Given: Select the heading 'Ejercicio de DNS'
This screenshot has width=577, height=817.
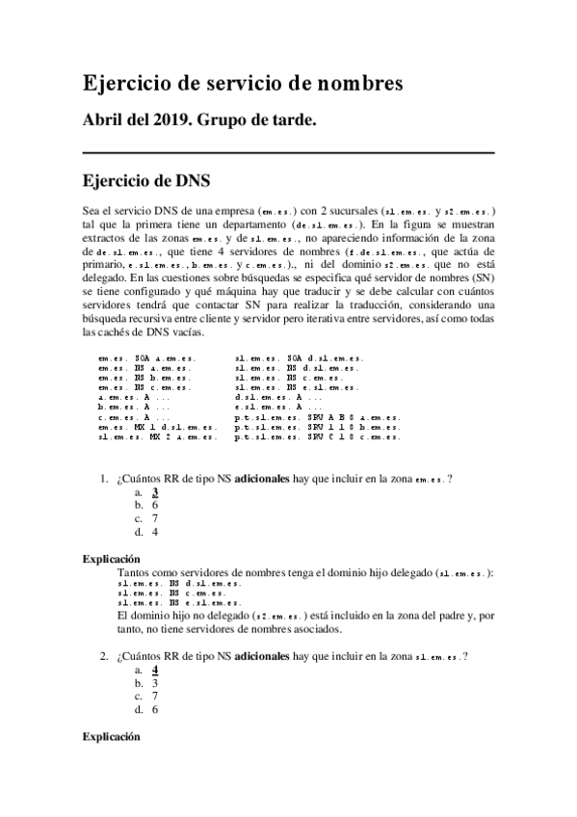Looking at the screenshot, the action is [146, 180].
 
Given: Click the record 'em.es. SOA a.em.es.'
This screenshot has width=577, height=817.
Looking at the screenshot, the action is [139, 358].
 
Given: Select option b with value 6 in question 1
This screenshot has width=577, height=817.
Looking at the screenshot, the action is [154, 505].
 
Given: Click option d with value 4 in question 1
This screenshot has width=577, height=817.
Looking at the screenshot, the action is [154, 531].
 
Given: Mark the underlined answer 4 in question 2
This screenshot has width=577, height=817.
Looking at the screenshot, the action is [155, 670].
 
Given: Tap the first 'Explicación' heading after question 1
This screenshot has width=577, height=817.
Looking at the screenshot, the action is [112, 559].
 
